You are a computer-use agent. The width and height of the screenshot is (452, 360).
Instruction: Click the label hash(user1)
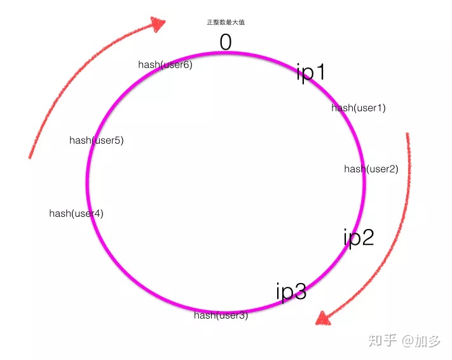pos(358,108)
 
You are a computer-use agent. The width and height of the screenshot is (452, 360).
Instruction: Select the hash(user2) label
pos(371,169)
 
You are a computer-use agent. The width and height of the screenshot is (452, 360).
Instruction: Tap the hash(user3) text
pos(221,315)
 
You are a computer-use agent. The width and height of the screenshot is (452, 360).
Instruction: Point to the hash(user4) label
pos(76,214)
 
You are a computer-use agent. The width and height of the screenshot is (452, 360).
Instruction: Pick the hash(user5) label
pos(96,141)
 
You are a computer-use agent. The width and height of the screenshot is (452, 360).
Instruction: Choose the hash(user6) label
pos(165,65)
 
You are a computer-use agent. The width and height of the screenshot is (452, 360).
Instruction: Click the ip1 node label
pos(311,72)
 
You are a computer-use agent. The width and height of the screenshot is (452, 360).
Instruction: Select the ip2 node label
pos(359,237)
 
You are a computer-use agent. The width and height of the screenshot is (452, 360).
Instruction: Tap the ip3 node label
pos(291,292)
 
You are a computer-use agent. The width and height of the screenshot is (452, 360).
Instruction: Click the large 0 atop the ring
pos(226,42)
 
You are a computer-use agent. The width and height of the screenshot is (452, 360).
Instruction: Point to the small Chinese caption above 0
pos(226,22)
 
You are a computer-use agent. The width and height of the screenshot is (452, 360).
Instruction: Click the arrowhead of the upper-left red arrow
pos(157,24)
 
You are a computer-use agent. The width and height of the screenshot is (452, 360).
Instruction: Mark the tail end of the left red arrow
pos(30,156)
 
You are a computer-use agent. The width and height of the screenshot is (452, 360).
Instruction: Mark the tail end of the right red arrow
pos(407,135)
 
